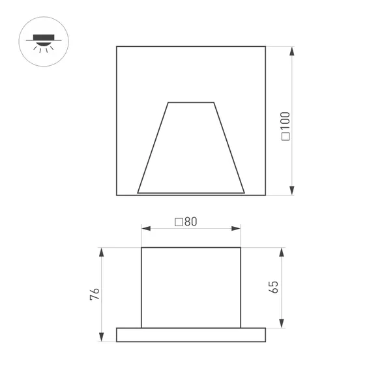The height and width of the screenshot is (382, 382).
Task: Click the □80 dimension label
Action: pyautogui.click(x=186, y=221)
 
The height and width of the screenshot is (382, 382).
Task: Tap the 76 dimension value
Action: pyautogui.click(x=95, y=294)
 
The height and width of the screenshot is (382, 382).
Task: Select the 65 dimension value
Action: pyautogui.click(x=274, y=287)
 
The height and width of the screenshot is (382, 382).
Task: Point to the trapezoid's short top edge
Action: pyautogui.click(x=191, y=102)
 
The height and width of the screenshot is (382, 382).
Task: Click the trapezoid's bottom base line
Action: pyautogui.click(x=191, y=193)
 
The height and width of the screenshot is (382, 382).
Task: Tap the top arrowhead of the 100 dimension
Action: pyautogui.click(x=291, y=50)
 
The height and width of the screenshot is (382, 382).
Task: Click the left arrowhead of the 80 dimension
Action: pyautogui.click(x=145, y=228)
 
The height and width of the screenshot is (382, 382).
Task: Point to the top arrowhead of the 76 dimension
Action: pyautogui.click(x=101, y=252)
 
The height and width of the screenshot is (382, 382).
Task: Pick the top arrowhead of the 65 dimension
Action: pyautogui.click(x=282, y=252)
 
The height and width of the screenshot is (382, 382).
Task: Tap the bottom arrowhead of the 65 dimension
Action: pyautogui.click(x=282, y=324)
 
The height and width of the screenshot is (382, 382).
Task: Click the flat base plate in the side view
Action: pyautogui.click(x=191, y=334)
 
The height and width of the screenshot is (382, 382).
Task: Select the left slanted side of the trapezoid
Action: pyautogui.click(x=153, y=148)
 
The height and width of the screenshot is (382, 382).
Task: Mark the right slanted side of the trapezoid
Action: pyautogui.click(x=229, y=148)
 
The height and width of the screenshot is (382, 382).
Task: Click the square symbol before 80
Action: pyautogui.click(x=179, y=222)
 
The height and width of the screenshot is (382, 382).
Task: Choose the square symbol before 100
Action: pyautogui.click(x=285, y=138)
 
